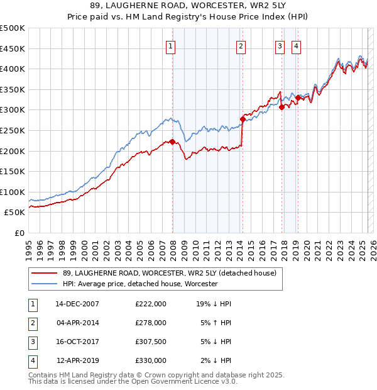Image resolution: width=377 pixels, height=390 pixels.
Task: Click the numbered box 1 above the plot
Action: [171, 45]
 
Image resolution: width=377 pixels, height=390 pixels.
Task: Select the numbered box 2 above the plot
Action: [241, 45]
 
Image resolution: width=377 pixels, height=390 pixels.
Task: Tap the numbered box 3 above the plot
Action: [280, 45]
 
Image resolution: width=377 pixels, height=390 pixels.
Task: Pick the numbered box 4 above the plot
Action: [295, 45]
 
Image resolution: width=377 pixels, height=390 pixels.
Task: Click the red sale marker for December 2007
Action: [172, 142]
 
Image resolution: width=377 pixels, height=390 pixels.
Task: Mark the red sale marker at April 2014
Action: [243, 119]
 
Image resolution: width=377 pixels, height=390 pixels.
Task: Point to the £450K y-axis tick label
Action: [13, 48]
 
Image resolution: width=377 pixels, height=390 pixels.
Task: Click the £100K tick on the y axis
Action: [13, 192]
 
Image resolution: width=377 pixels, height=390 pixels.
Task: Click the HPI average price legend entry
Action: [139, 284]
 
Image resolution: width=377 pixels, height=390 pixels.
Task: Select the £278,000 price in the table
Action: [151, 323]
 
